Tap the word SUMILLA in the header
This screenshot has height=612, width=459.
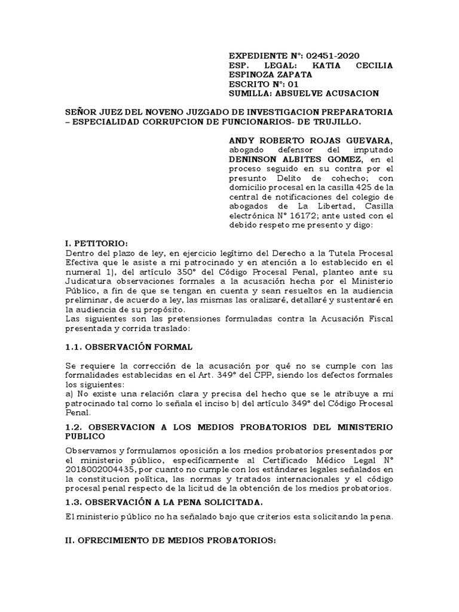[x=252, y=94]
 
